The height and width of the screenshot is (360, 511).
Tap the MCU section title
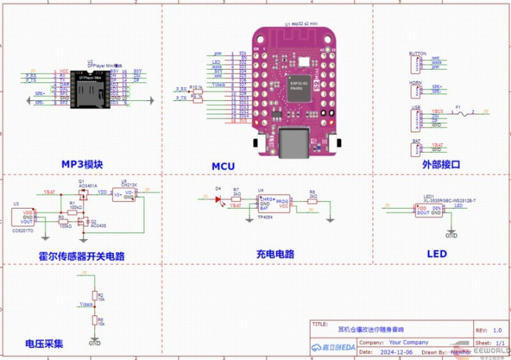[222, 167]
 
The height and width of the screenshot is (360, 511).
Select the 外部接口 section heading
[441, 164]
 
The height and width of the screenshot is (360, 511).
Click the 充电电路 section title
[275, 253]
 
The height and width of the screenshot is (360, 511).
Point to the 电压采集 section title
[44, 344]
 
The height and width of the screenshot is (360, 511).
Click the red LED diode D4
[218, 199]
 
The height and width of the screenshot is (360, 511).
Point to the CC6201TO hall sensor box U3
[27, 217]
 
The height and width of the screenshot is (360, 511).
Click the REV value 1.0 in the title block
[497, 330]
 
